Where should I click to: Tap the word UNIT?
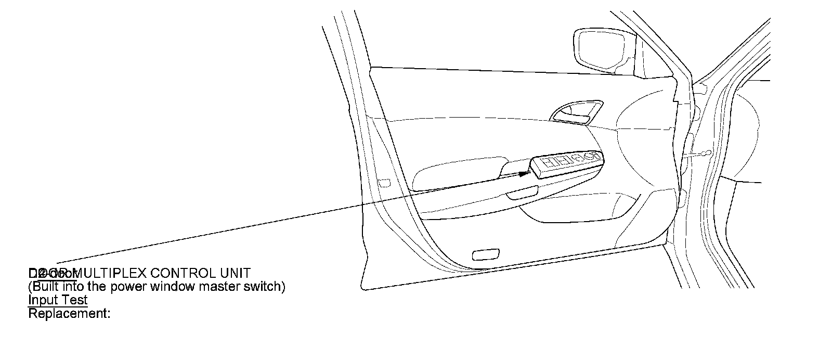click(232, 273)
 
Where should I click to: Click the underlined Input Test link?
click(58, 300)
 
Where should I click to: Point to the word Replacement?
click(68, 314)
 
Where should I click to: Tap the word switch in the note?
click(262, 287)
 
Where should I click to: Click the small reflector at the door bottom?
click(485, 255)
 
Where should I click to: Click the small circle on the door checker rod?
click(705, 153)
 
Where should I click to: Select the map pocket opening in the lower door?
click(582, 208)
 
